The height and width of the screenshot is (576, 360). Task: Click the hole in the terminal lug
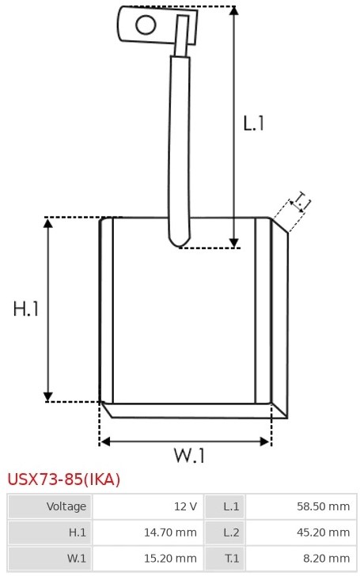[x=146, y=25]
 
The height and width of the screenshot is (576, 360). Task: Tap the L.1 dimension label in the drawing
[x=254, y=123]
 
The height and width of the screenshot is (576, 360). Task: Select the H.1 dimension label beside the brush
[x=25, y=309]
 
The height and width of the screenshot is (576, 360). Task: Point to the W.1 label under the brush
[x=189, y=456]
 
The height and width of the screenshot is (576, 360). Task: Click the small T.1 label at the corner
[x=301, y=201]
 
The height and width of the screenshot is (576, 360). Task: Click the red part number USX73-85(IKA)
[x=64, y=479]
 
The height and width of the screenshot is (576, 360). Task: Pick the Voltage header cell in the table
[x=50, y=506]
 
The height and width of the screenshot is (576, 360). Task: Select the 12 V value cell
[x=148, y=506]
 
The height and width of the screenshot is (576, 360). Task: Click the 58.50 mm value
[x=324, y=506]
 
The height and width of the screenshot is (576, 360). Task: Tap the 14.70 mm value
[x=170, y=532]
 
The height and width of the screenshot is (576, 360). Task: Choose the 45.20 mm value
[x=324, y=532]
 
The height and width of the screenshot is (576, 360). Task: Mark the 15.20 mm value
[x=170, y=559]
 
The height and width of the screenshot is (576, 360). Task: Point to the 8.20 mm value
[x=326, y=559]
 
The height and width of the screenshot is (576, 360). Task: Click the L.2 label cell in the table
[x=225, y=532]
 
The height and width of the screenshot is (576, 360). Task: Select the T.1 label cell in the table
[x=225, y=559]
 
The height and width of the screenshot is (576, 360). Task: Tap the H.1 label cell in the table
[x=50, y=532]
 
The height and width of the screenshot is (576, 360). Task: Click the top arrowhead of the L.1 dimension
[x=234, y=10]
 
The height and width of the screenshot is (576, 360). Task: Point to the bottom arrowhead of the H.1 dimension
[x=48, y=396]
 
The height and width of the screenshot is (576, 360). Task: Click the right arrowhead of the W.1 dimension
[x=265, y=441]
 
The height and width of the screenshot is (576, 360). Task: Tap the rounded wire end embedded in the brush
[x=180, y=241]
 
